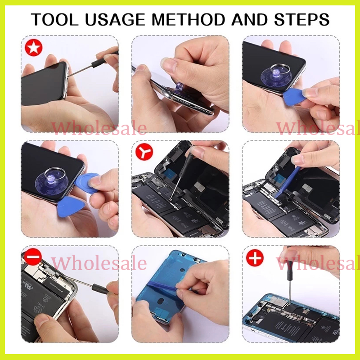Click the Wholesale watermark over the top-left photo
tap(99, 128)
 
